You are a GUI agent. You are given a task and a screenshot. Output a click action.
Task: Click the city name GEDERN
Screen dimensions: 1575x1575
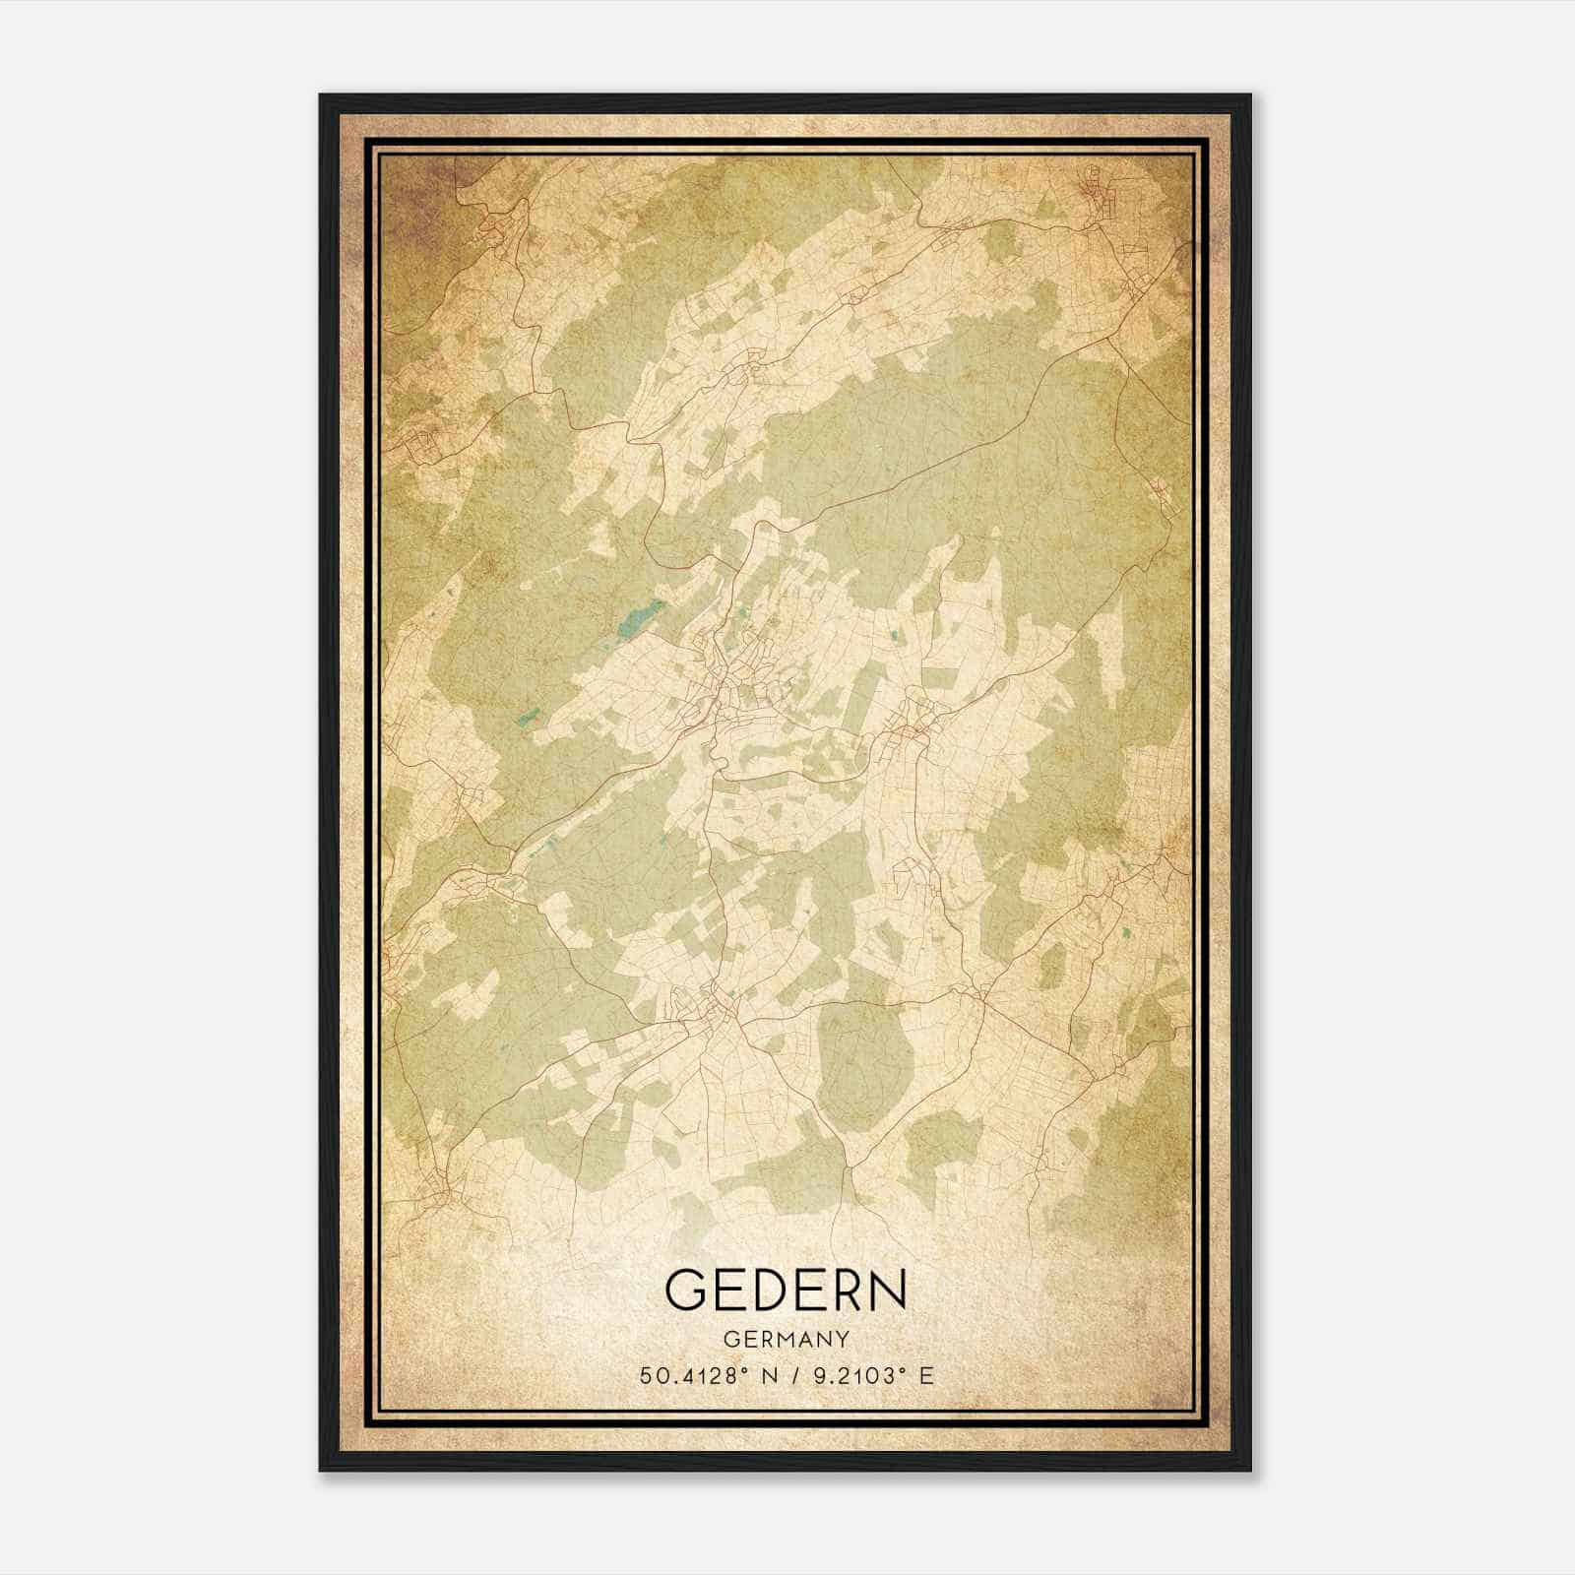pos(786,1289)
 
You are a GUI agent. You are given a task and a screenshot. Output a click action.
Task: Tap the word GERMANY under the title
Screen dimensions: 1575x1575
pos(786,1339)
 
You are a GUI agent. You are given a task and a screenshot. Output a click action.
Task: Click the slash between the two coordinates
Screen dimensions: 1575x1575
pos(789,1376)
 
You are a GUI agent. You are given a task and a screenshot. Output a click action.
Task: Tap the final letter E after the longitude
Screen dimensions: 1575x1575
pos(924,1376)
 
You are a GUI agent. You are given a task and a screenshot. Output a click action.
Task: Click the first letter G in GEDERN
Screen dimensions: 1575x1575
pos(686,1289)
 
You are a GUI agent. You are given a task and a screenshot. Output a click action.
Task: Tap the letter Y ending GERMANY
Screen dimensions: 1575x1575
pos(842,1339)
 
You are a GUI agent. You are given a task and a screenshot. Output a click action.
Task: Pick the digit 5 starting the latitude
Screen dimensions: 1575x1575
pos(647,1376)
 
